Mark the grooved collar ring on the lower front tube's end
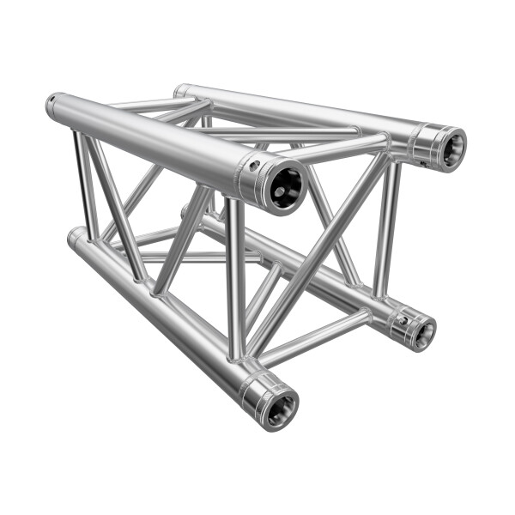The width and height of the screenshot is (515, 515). (255, 397)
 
